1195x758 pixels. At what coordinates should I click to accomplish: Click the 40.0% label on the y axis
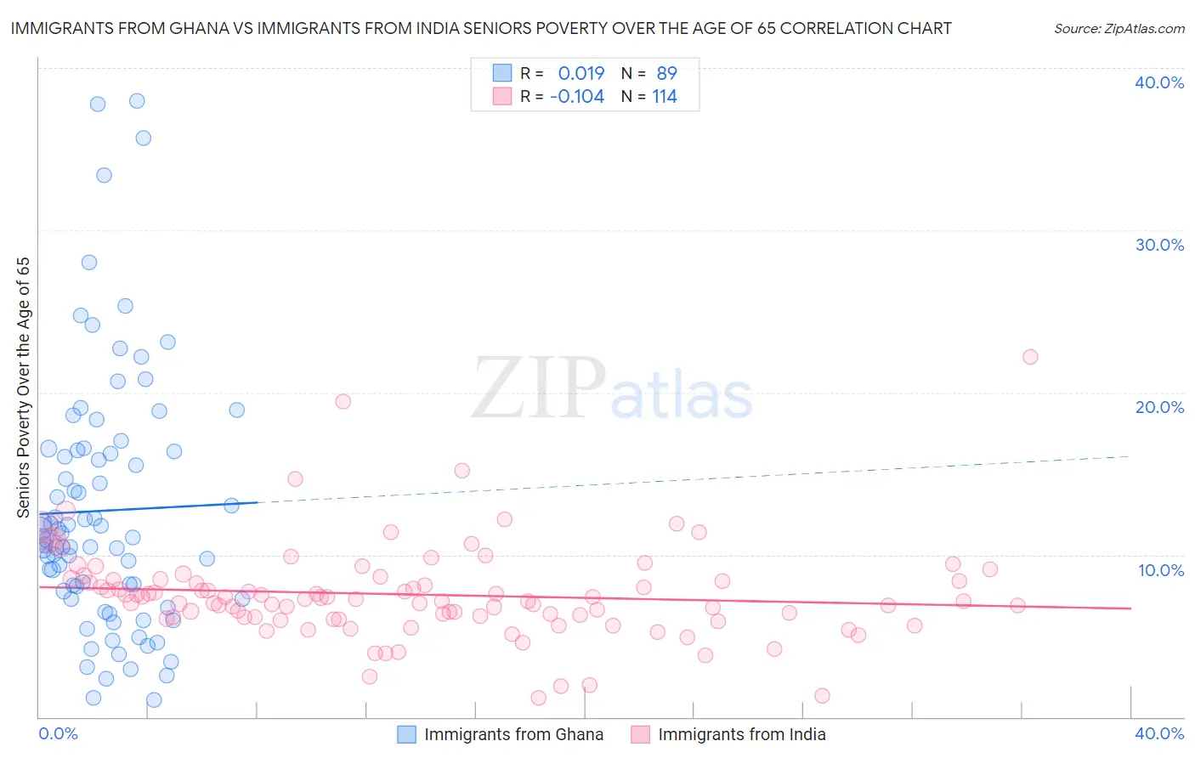[1158, 82]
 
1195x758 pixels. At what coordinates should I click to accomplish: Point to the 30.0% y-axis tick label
[1158, 245]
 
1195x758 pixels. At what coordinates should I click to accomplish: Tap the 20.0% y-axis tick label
[1158, 407]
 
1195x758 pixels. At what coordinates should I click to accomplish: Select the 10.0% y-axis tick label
[1160, 570]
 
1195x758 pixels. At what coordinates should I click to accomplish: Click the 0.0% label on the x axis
[58, 733]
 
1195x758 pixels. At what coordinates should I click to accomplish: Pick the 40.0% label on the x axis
[1158, 733]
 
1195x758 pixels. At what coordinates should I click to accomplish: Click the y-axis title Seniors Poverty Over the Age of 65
[24, 387]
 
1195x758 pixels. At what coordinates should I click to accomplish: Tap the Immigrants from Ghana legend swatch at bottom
[407, 734]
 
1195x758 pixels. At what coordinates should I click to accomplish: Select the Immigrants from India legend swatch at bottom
[640, 734]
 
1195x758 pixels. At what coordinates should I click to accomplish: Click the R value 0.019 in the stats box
[581, 74]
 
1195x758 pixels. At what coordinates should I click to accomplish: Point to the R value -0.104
[577, 97]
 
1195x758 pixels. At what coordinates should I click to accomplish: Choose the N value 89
[666, 74]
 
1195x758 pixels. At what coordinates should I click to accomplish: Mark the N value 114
[665, 97]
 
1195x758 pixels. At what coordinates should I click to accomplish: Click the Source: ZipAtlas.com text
[1119, 29]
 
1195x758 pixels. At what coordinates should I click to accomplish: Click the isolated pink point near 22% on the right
[1030, 357]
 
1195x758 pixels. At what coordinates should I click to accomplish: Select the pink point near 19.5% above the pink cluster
[343, 401]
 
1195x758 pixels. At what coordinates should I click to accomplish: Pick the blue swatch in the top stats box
[502, 74]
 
